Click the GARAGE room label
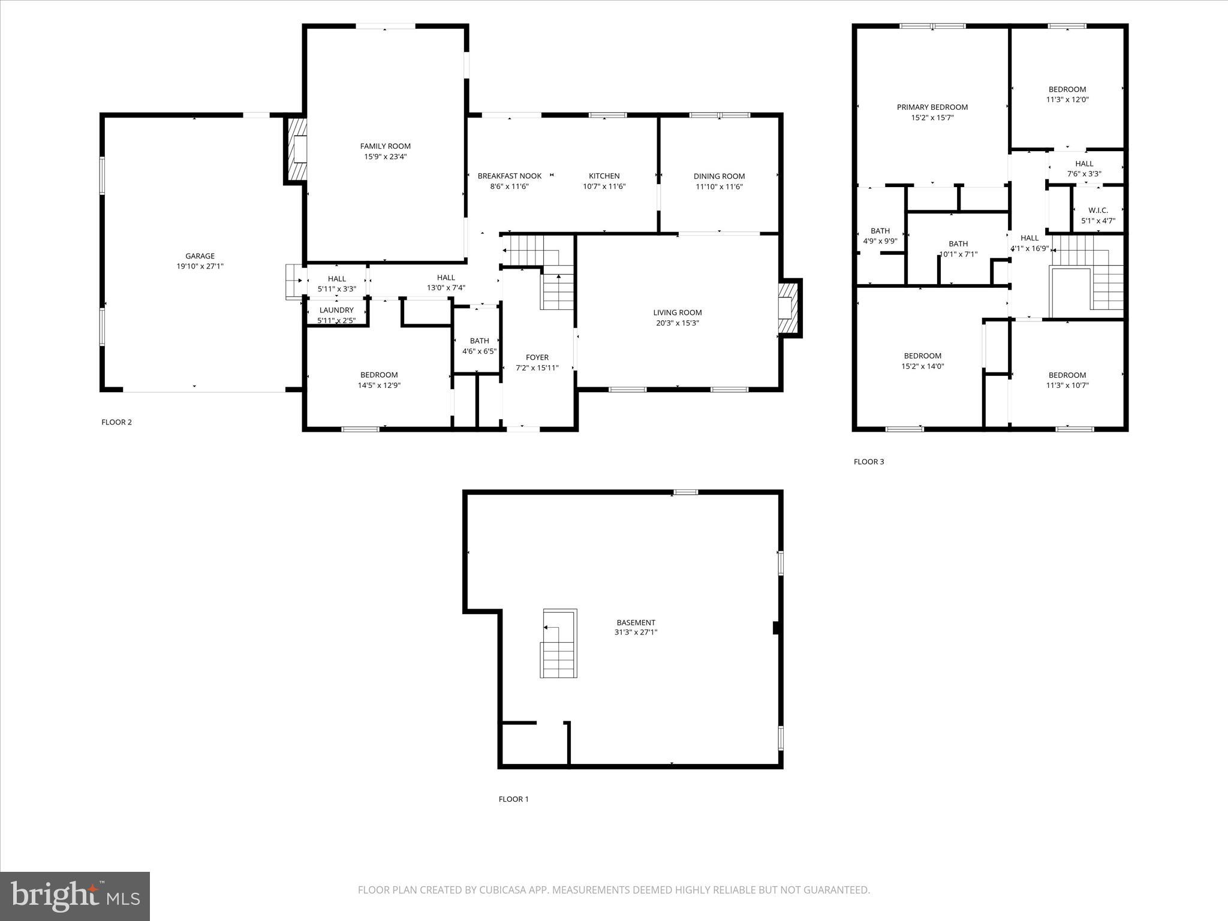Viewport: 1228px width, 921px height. coord(200,256)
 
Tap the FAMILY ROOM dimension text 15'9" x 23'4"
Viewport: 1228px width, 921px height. coord(386,156)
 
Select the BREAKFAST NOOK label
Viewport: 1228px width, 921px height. coord(509,176)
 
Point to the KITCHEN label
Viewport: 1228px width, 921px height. coord(604,176)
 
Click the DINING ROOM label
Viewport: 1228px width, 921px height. coord(719,176)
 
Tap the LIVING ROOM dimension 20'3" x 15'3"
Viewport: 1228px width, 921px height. coord(678,323)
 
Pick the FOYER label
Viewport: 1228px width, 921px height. coord(537,357)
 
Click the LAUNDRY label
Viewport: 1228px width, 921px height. coord(336,310)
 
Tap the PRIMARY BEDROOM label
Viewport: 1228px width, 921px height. coord(932,107)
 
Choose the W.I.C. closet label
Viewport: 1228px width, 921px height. coord(1098,210)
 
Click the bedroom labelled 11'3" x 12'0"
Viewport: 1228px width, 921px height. coord(1067,94)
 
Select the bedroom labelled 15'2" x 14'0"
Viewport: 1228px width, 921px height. coord(922,360)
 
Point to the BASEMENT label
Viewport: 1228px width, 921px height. coord(636,622)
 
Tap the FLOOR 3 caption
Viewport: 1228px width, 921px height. coord(869,462)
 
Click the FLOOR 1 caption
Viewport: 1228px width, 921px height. coord(514,799)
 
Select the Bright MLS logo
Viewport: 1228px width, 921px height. coord(75,896)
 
